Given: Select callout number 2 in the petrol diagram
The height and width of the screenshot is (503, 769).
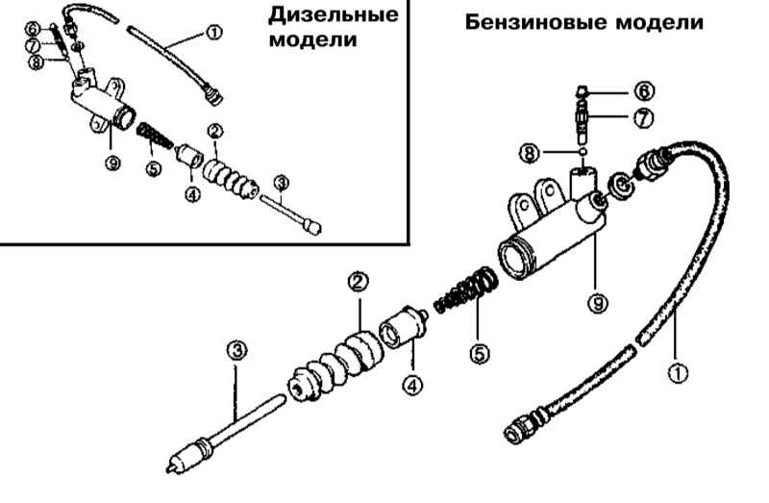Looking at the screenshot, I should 357,282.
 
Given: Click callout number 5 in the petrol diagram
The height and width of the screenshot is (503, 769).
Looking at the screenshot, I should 480,352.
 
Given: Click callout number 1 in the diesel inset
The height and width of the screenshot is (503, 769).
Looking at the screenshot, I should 212,34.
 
